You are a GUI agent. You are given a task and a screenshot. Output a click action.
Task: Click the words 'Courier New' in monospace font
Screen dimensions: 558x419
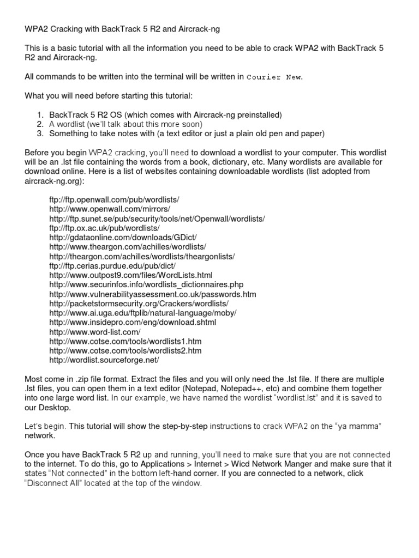(274, 77)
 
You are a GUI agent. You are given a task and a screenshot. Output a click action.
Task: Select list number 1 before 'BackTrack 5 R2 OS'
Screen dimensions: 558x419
(40, 115)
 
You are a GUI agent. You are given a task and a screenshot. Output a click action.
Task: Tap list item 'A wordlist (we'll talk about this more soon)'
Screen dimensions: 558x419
(125, 124)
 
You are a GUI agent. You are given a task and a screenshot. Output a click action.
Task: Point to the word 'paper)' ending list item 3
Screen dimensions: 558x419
(313, 133)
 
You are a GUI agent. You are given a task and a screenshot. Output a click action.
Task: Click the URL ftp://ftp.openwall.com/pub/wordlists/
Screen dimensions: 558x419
(114, 201)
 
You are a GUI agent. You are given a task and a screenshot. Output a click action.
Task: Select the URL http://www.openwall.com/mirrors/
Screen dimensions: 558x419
(110, 210)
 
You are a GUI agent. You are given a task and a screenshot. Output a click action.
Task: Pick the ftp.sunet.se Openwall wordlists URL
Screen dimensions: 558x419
(157, 219)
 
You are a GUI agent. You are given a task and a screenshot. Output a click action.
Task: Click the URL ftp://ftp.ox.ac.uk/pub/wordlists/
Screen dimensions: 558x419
(104, 228)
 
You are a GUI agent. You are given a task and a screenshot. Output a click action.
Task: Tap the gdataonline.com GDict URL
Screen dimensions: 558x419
(123, 238)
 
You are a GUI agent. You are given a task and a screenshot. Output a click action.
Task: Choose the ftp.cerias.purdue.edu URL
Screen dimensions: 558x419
(112, 266)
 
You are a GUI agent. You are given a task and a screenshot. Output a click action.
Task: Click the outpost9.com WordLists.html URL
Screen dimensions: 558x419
(130, 275)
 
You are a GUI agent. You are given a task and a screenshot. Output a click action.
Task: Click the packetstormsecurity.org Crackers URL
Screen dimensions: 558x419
(139, 304)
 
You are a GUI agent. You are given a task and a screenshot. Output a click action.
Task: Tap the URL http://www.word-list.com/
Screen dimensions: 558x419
(95, 332)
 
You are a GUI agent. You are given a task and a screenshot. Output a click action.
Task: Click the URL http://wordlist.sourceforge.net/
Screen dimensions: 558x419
(104, 360)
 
